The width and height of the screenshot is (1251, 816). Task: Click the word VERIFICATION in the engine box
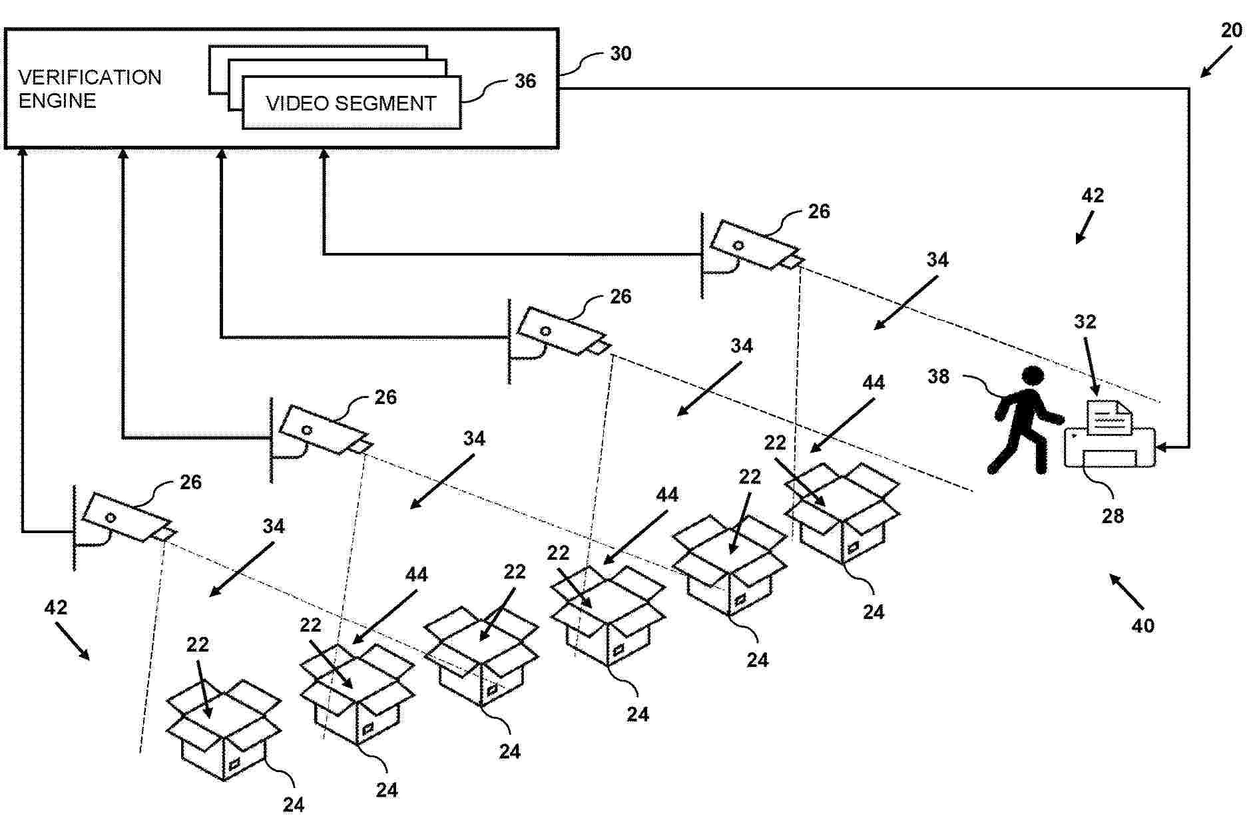(x=89, y=77)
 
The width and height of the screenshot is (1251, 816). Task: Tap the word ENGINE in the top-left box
(x=57, y=101)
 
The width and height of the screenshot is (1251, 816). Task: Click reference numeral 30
(x=621, y=53)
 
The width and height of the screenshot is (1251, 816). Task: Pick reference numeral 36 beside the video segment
(x=525, y=81)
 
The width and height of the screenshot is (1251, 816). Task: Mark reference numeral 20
(x=1231, y=30)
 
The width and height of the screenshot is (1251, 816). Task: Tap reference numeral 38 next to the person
(x=938, y=377)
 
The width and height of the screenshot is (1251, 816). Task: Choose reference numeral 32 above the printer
(x=1085, y=321)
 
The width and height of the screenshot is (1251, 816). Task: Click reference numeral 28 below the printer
(x=1113, y=516)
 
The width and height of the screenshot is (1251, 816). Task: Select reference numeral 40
(x=1142, y=626)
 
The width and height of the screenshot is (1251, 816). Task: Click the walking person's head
(x=1033, y=376)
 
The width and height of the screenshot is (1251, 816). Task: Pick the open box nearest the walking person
(x=842, y=512)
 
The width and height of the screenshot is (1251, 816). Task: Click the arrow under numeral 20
(x=1216, y=64)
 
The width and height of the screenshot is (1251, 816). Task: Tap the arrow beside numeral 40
(x=1125, y=591)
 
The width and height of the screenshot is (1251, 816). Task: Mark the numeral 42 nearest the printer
(x=1093, y=195)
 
